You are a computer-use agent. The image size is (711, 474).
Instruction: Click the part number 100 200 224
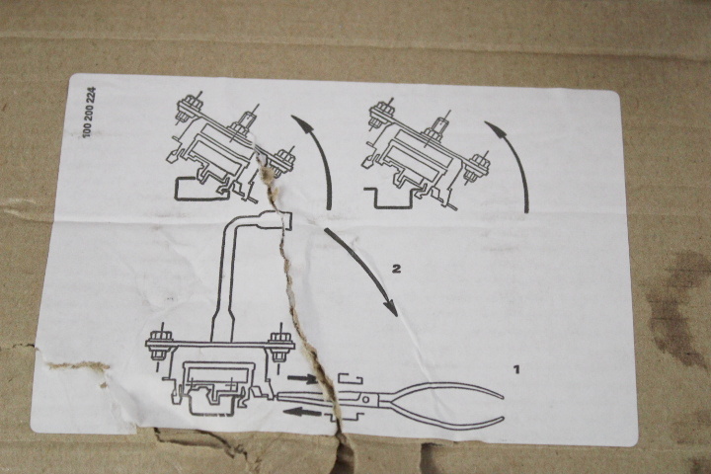[90, 112]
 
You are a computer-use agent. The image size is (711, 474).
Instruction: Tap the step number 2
[396, 269]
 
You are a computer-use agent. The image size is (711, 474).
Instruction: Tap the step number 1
[516, 369]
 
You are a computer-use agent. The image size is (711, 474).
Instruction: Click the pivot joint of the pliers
[366, 399]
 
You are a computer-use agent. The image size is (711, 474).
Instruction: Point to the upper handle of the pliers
[444, 388]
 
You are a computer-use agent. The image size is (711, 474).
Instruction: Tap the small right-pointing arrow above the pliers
[302, 377]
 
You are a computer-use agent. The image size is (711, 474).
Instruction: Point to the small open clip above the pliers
[351, 379]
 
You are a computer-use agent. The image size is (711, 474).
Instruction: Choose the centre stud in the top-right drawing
[441, 123]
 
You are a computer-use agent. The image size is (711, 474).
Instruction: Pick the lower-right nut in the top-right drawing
[479, 164]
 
